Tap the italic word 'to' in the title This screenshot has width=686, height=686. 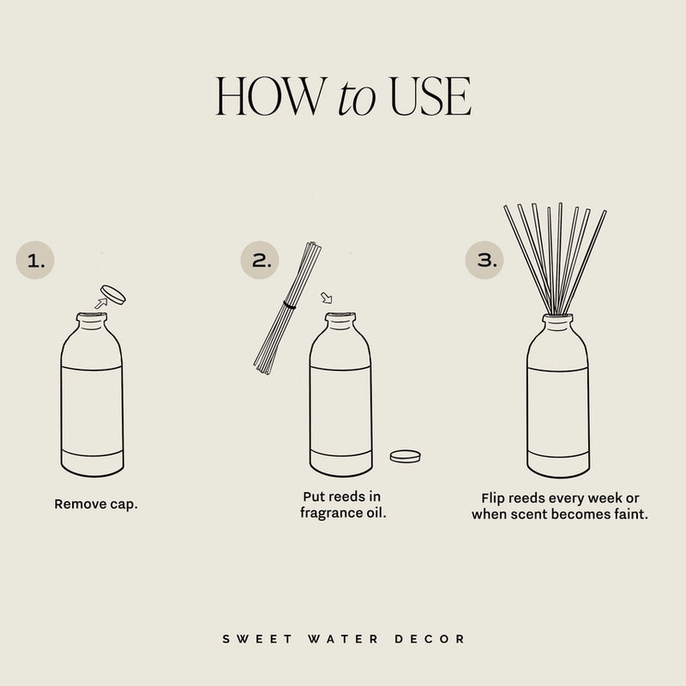click(x=358, y=99)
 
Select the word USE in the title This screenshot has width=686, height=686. click(x=430, y=97)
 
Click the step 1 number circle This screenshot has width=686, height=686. click(x=35, y=261)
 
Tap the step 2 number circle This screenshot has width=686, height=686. click(x=259, y=261)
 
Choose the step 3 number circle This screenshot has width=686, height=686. click(x=484, y=261)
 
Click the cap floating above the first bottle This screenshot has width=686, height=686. click(x=112, y=295)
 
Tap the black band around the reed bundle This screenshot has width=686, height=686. click(x=290, y=304)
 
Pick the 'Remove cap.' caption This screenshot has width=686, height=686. click(x=96, y=504)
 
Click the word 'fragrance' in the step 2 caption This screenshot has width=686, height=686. click(x=331, y=513)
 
